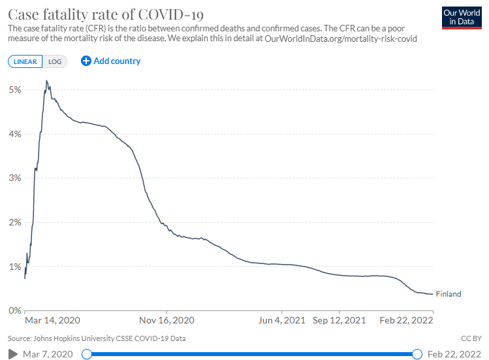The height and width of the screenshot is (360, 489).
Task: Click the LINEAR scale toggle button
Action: [x=25, y=61]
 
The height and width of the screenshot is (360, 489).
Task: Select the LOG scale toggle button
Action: [x=55, y=61]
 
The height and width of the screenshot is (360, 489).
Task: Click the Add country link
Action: [x=111, y=61]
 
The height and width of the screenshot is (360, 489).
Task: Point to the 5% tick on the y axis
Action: [x=14, y=90]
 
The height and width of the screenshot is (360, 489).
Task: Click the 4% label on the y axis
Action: [x=14, y=134]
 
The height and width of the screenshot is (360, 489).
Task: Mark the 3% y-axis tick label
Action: [x=14, y=178]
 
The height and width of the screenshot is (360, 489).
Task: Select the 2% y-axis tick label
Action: [x=14, y=222]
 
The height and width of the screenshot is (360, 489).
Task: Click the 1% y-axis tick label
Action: [x=14, y=267]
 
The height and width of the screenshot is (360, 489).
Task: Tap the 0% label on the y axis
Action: [x=14, y=310]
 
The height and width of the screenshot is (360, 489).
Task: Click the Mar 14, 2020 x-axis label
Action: [x=52, y=321]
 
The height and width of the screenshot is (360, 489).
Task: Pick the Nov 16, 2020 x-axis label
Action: [x=168, y=321]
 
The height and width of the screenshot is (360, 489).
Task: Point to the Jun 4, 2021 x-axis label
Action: [x=282, y=321]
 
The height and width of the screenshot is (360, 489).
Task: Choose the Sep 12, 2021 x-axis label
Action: [x=339, y=321]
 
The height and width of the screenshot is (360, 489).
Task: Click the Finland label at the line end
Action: [x=448, y=294]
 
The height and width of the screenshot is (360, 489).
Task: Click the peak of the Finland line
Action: [x=46, y=80]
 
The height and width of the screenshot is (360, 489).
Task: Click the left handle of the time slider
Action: [x=86, y=354]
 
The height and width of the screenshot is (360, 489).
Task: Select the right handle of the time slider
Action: [x=417, y=354]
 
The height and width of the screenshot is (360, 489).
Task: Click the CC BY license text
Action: [x=470, y=338]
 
